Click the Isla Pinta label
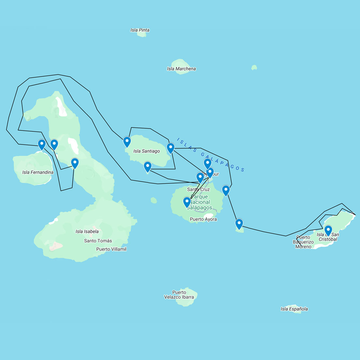(140, 30)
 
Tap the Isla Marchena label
(181, 69)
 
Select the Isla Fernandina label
(38, 172)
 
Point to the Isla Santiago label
(147, 151)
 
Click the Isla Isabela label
(87, 232)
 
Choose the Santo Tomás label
(98, 241)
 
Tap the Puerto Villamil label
(111, 249)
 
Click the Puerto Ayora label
(203, 219)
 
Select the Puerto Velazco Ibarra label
(179, 295)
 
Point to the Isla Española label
(294, 309)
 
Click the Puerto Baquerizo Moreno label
(303, 242)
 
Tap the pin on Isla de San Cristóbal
(328, 230)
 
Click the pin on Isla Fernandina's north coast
(42, 144)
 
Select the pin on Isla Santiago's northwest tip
(127, 141)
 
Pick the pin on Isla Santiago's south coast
(148, 166)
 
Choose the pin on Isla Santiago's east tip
(170, 148)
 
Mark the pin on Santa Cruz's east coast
(226, 190)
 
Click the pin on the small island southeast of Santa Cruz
(239, 223)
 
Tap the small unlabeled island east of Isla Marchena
(254, 67)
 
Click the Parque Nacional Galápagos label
(199, 202)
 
